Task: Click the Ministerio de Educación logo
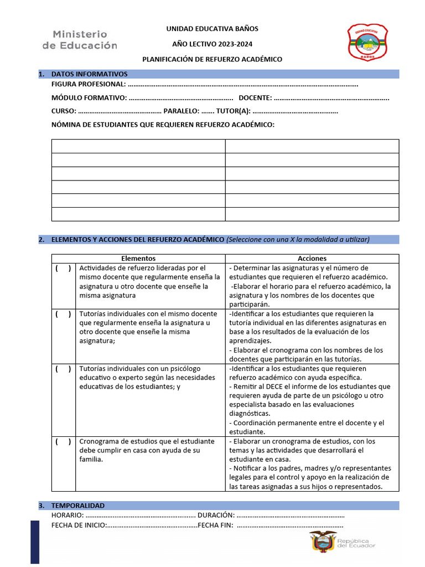click(x=80, y=40)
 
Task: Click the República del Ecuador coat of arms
click(x=323, y=542)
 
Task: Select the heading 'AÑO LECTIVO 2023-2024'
click(x=212, y=44)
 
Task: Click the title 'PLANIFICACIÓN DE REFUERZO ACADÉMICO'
click(x=212, y=59)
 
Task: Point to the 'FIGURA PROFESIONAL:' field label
click(x=89, y=85)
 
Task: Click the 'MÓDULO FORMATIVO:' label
click(x=89, y=98)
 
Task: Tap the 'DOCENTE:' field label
click(x=255, y=98)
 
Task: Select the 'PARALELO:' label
click(x=181, y=111)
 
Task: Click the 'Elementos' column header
click(x=138, y=259)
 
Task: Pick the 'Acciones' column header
click(x=312, y=259)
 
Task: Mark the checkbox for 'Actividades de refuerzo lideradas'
click(x=63, y=269)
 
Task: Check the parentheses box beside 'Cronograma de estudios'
click(x=63, y=442)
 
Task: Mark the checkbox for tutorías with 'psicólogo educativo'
click(x=63, y=369)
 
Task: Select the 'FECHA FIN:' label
click(x=215, y=525)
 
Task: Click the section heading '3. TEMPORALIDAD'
click(x=77, y=506)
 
